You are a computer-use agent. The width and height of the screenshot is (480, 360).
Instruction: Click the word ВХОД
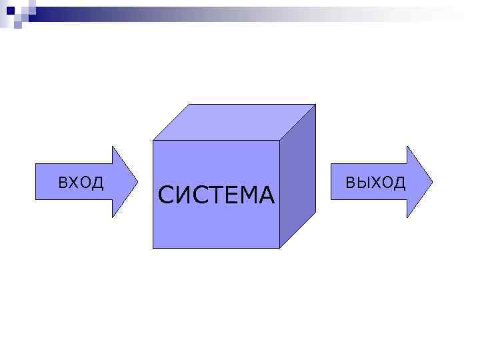(x=81, y=182)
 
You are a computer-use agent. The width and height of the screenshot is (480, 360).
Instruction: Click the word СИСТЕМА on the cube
(x=217, y=195)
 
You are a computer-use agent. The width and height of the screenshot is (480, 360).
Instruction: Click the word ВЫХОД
(x=375, y=183)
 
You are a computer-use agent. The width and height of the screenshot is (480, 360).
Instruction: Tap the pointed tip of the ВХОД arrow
(x=137, y=181)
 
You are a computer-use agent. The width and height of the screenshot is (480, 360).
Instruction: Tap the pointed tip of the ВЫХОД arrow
(x=431, y=181)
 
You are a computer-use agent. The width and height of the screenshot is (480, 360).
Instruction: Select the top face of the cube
(x=233, y=122)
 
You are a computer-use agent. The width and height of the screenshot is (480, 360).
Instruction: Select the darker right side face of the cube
(x=297, y=177)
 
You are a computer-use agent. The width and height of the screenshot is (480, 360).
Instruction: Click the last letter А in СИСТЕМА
(x=266, y=195)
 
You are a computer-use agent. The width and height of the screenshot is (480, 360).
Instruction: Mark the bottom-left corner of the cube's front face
(x=153, y=248)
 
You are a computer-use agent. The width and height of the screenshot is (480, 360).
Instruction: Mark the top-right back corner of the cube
(x=315, y=105)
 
